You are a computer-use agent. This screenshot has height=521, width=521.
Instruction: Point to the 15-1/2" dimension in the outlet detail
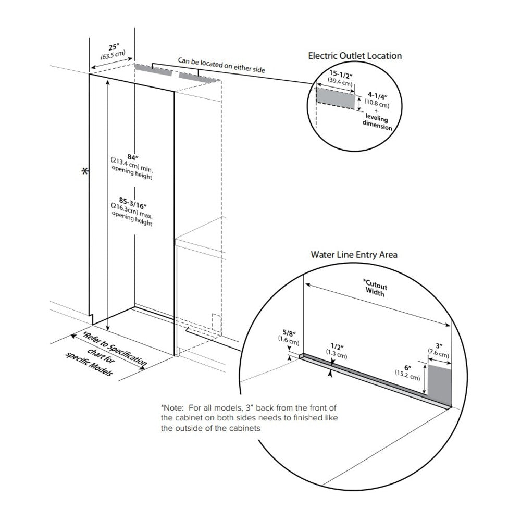point(340,75)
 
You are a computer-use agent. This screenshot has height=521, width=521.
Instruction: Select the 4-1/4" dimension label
point(378,95)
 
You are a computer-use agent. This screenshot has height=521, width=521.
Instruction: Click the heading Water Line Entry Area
point(354,255)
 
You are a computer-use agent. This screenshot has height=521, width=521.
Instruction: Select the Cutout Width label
point(375,290)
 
